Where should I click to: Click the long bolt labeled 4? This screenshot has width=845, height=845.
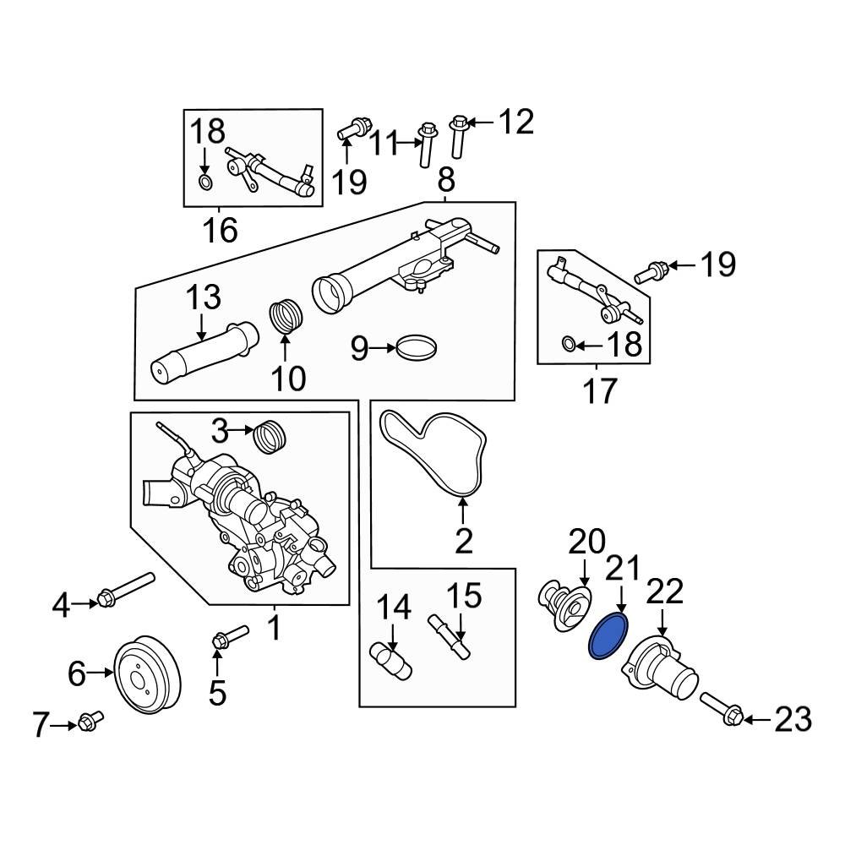[127, 590]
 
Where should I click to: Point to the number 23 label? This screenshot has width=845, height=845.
[793, 720]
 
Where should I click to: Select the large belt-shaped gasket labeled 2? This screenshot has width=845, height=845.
[433, 452]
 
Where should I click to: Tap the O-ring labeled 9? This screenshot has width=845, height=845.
[418, 347]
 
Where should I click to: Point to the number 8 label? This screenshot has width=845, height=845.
[446, 179]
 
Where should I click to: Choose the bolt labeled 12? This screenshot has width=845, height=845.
[459, 135]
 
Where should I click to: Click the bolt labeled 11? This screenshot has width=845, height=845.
[426, 144]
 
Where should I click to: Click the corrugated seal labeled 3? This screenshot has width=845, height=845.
[271, 435]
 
